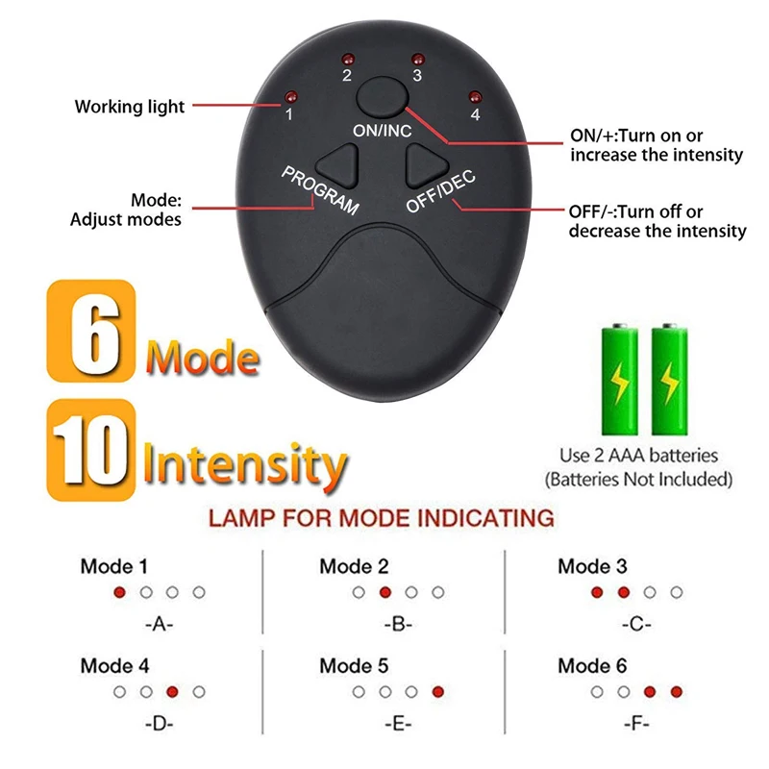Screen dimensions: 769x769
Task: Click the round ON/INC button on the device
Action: pos(377,98)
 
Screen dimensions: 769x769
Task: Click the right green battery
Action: pos(670,382)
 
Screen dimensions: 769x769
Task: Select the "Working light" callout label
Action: pos(130,107)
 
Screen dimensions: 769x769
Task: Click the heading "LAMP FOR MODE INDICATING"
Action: pos(382,519)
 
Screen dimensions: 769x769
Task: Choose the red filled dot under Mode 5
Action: pos(438,691)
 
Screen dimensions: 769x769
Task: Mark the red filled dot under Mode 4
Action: pos(172,691)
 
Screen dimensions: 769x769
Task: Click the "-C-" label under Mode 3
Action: pos(635,624)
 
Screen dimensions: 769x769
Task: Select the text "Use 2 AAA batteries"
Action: pos(638,455)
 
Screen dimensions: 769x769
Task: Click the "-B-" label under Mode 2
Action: pos(397,624)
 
